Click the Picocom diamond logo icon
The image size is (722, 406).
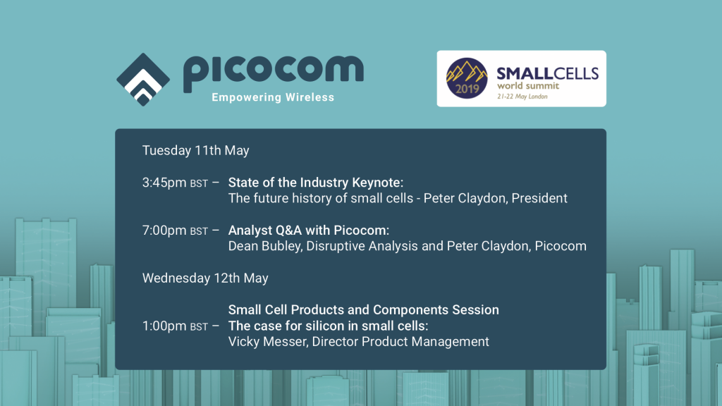(143, 79)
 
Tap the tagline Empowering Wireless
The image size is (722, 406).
(273, 97)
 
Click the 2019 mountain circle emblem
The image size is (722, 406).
(467, 78)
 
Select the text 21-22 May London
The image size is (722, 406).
(522, 97)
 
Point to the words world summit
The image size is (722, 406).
(528, 86)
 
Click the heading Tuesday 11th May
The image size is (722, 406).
(196, 151)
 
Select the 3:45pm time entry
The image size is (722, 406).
(175, 183)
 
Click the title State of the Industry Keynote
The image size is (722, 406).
(314, 183)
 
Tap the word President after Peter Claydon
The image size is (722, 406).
(539, 198)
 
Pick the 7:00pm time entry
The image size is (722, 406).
(175, 230)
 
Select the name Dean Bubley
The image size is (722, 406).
(265, 246)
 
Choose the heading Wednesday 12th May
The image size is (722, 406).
(205, 278)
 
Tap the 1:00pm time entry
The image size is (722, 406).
(175, 326)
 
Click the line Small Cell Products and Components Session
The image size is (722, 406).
(364, 310)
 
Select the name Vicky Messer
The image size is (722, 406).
(268, 342)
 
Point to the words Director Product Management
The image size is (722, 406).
(400, 342)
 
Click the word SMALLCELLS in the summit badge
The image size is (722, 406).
(547, 73)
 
